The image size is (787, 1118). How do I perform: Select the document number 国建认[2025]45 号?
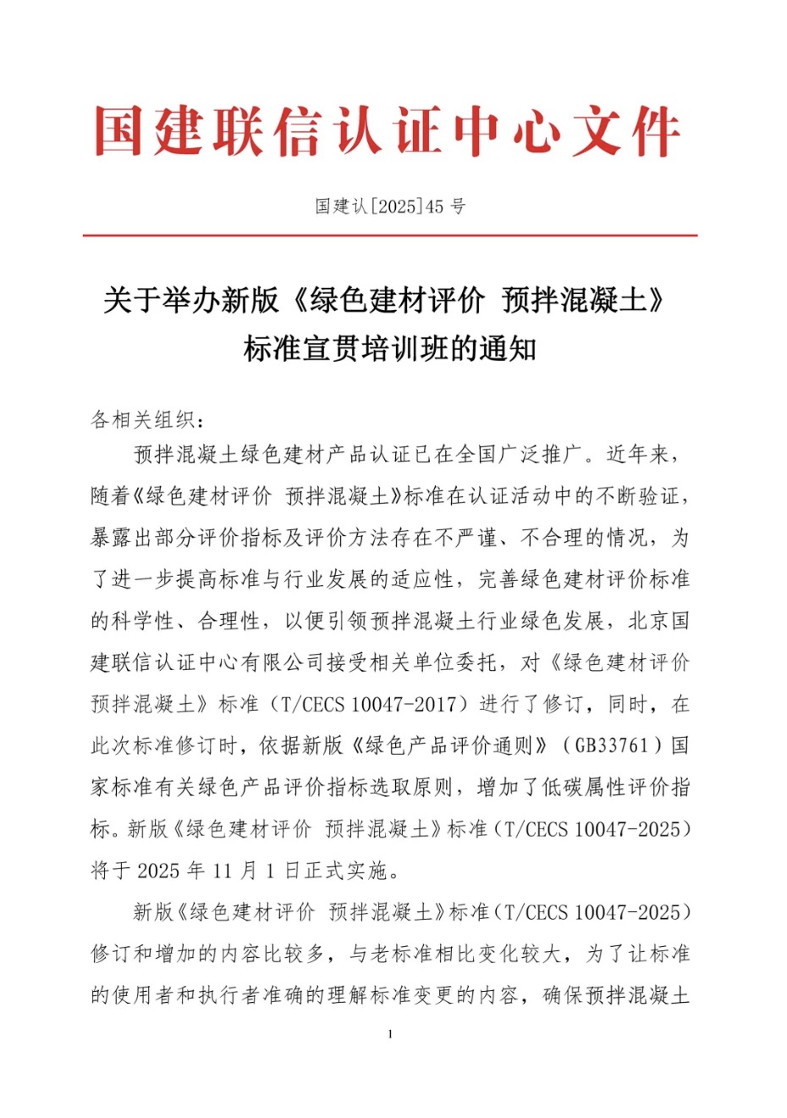[390, 206]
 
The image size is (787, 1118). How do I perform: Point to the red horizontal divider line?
[390, 235]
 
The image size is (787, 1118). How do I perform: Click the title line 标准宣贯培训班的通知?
[390, 349]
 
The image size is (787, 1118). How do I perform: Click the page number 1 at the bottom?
[390, 1034]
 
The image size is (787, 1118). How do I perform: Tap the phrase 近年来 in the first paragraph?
[638, 455]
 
